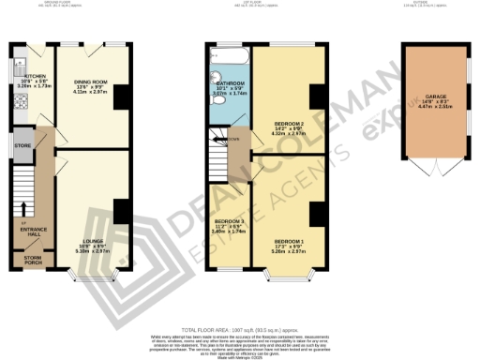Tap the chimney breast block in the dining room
click(118, 97)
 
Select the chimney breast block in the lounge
click(118, 212)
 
